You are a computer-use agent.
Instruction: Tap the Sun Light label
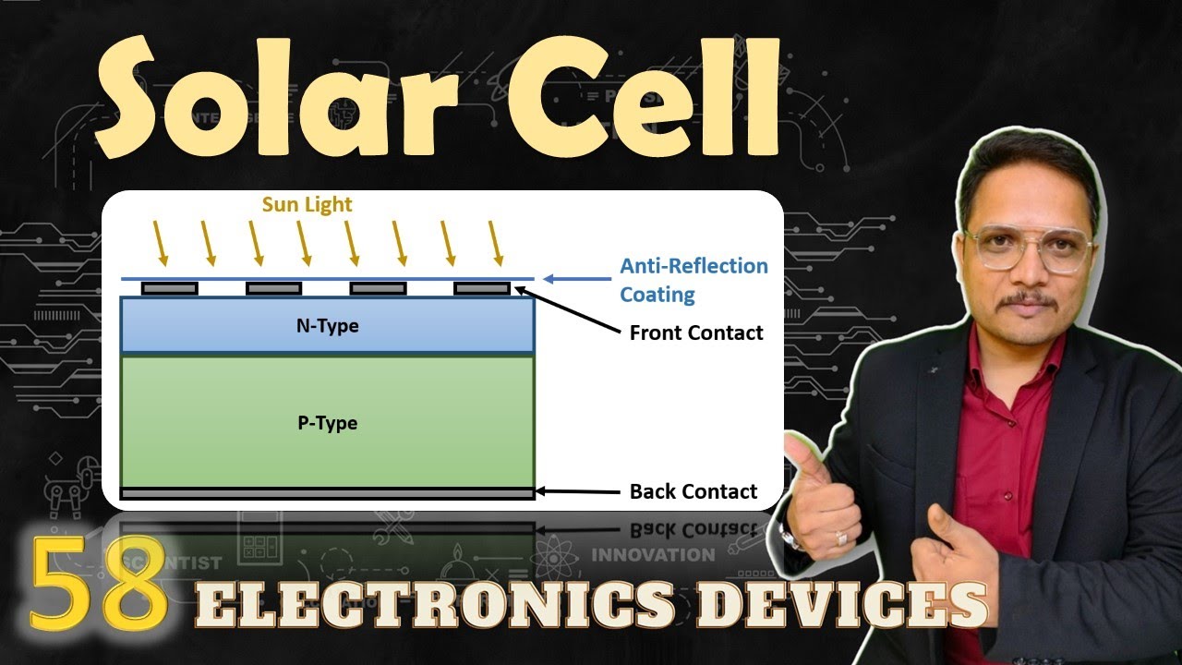coord(307,204)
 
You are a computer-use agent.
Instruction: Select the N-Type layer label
coord(328,325)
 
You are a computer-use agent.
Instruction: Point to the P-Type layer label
coord(327,423)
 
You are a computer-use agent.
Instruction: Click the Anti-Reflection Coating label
coord(693,280)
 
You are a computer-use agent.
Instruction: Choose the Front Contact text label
coord(696,332)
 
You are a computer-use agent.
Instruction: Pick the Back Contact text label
coord(694,491)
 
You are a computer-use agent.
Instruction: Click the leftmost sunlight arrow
coord(161,243)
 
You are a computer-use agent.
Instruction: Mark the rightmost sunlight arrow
coord(497,243)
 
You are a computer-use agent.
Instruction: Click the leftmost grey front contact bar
coord(169,288)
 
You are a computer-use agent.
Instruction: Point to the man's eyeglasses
coord(1028,248)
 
